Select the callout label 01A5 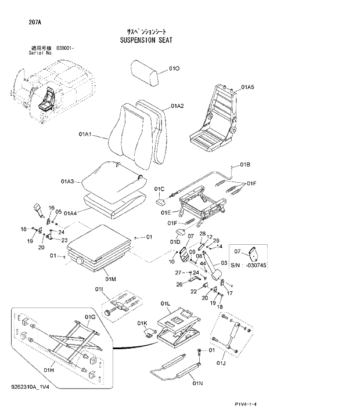pos(248,88)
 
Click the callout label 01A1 pos(86,134)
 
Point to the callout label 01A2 pos(177,106)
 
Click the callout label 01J pos(220,364)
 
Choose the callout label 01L pos(165,303)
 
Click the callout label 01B pos(244,164)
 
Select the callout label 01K pos(142,323)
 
